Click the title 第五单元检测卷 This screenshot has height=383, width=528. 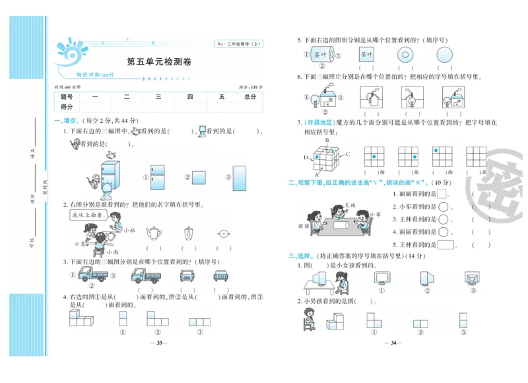pyautogui.click(x=159, y=62)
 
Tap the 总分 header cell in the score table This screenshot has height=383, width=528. pyautogui.click(x=249, y=97)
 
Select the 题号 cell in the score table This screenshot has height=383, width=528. pyautogui.click(x=67, y=97)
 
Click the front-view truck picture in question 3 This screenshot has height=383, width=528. pyautogui.click(x=187, y=275)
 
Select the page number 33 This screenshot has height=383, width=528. pyautogui.click(x=158, y=343)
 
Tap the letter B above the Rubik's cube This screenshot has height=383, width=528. pyautogui.click(x=327, y=141)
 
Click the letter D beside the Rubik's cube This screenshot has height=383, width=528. pyautogui.click(x=306, y=157)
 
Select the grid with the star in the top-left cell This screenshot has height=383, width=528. pyautogui.click(x=442, y=157)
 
